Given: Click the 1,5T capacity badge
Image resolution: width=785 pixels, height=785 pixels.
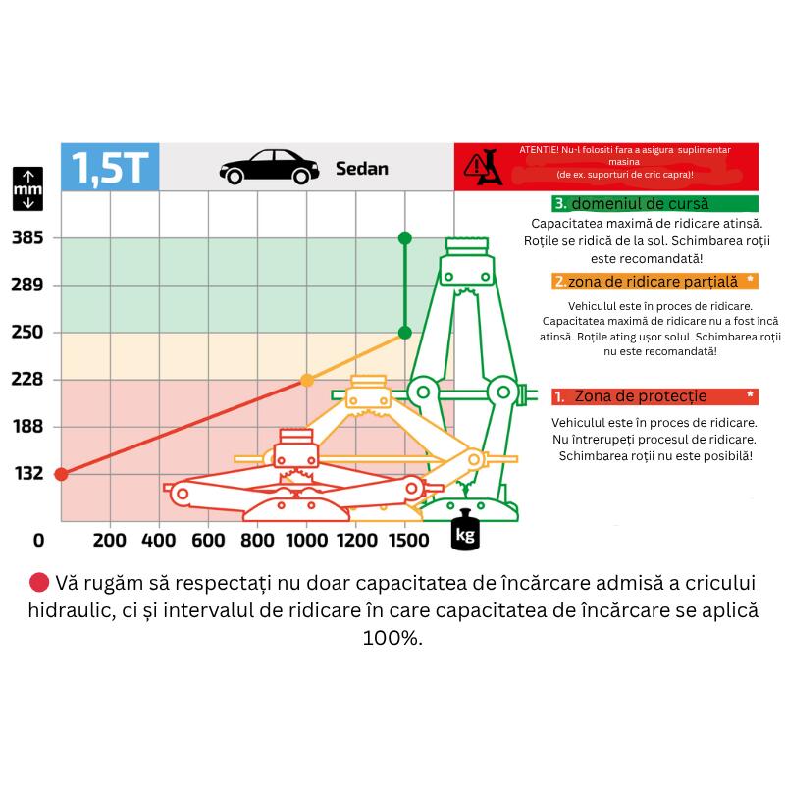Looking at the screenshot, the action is (x=110, y=167).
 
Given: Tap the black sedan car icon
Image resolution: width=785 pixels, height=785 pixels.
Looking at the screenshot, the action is (x=269, y=167).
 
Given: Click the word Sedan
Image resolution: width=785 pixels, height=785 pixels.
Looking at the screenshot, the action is (x=362, y=169).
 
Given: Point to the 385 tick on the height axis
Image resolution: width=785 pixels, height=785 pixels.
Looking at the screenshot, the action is (x=27, y=237).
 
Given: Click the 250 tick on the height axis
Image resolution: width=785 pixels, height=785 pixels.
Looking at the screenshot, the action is (x=27, y=332).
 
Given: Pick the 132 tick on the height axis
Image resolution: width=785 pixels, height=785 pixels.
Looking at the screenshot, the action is (x=28, y=474).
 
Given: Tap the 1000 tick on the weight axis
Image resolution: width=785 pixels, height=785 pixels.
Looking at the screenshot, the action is (x=307, y=541).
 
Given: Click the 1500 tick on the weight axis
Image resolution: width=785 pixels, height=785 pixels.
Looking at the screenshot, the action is (x=408, y=541).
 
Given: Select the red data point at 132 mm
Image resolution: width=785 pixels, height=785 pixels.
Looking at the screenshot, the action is (x=61, y=474).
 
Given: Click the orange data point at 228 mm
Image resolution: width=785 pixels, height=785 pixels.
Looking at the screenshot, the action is (x=307, y=381).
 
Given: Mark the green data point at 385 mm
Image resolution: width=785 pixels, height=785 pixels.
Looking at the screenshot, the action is (x=405, y=238).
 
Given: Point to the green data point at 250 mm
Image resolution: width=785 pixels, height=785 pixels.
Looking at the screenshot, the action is (x=405, y=333).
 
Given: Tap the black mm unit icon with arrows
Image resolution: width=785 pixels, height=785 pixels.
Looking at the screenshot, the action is (x=28, y=188).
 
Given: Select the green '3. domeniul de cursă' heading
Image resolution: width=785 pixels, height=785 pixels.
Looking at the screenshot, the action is (x=654, y=204).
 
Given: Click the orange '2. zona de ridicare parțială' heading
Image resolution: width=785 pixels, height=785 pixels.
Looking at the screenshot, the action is (x=654, y=282).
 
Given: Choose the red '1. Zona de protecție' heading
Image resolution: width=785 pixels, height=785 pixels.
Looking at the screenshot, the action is (x=654, y=396).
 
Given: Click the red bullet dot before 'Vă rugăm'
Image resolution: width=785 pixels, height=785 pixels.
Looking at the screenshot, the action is (x=39, y=582).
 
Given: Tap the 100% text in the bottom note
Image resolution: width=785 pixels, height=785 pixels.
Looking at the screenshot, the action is (x=392, y=638).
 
